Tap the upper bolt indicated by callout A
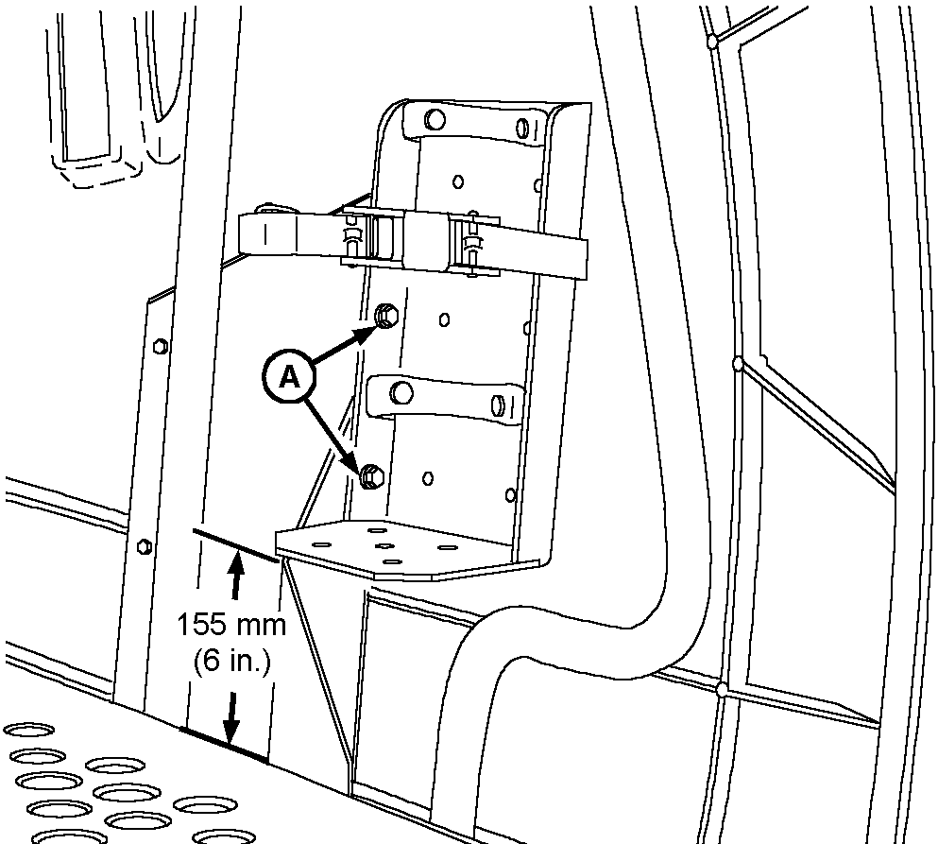tap(385, 316)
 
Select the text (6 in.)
tap(231, 663)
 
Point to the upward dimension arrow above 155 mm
tap(236, 577)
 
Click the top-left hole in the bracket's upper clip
tap(435, 120)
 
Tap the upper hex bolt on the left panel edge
tap(159, 343)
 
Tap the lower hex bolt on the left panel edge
tap(144, 545)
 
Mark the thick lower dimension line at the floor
tap(225, 743)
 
